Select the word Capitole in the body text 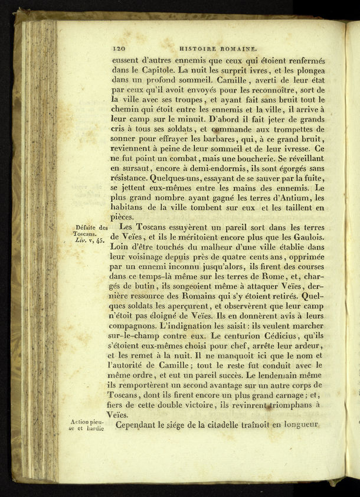coord(152,70)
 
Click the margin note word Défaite coord(83,228)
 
